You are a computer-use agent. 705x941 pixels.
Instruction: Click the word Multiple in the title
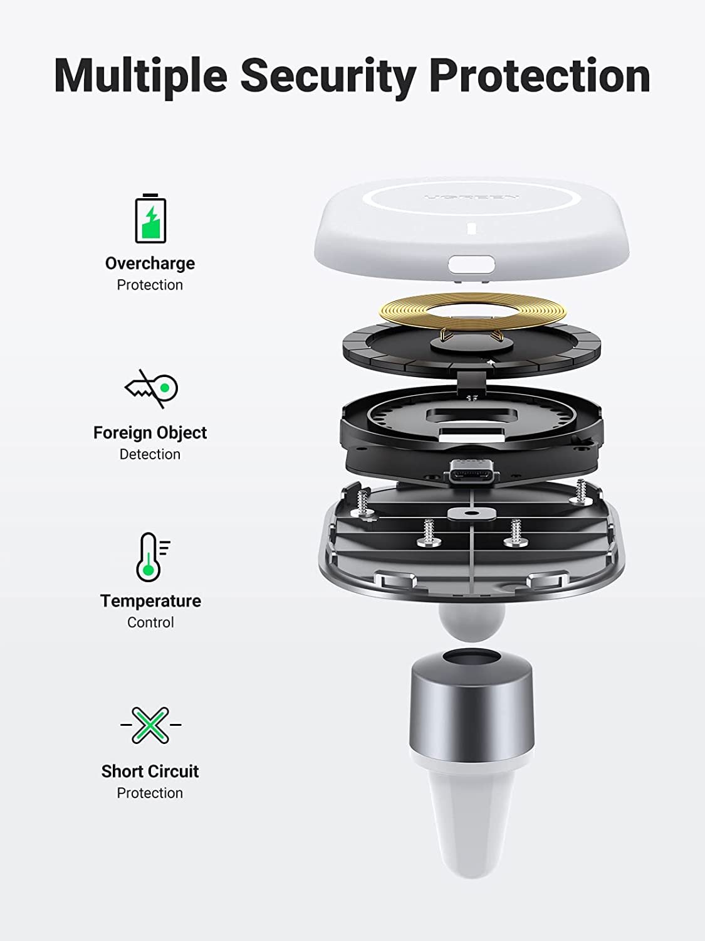(140, 77)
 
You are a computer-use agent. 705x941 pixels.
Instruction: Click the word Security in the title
(328, 77)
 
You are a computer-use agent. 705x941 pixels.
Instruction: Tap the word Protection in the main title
(540, 77)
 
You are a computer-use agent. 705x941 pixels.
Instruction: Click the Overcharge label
(150, 263)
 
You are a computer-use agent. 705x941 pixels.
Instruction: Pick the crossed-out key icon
(151, 389)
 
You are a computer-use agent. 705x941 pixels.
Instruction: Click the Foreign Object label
(150, 433)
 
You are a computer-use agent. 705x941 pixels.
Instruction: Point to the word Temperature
(150, 601)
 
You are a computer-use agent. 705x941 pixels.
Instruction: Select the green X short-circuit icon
(150, 725)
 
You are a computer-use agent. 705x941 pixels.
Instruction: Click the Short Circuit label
(150, 772)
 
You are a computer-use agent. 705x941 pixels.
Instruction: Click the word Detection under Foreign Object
(150, 454)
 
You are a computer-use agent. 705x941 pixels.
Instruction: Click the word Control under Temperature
(150, 622)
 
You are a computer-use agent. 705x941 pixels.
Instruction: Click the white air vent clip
(471, 816)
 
